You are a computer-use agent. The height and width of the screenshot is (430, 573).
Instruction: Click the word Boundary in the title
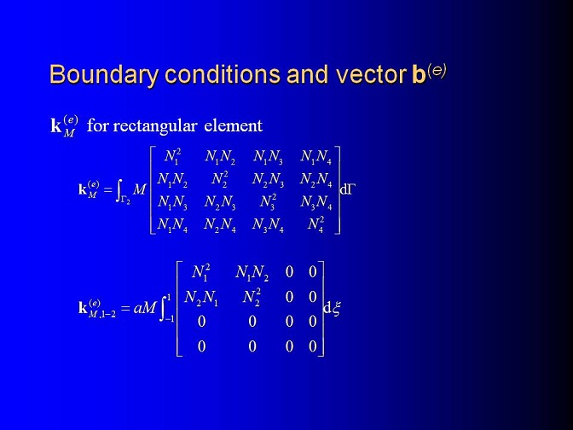point(104,75)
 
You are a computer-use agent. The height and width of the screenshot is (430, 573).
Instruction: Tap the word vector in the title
point(371,74)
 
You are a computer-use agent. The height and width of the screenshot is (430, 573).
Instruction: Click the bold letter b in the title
point(419,74)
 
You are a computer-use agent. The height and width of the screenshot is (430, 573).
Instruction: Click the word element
point(233,125)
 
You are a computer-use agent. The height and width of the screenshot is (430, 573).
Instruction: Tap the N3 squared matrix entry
point(269,202)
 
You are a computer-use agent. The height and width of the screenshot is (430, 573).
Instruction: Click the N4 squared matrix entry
point(315,224)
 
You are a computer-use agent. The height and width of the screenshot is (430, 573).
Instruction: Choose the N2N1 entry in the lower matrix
point(201,298)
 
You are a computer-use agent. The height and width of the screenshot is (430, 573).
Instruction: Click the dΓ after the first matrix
point(347,189)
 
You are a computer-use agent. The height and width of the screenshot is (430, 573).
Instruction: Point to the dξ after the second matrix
point(332,308)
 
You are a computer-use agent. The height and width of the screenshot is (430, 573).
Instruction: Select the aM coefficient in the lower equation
point(145,308)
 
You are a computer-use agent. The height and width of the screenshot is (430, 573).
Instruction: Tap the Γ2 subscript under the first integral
point(125,200)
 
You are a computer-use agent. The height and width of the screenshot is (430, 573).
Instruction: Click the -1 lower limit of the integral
point(169,319)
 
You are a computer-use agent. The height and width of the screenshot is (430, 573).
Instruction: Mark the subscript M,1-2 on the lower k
point(102,314)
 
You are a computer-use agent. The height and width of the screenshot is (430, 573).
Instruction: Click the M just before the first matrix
point(139,189)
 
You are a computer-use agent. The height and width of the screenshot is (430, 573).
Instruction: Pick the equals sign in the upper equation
point(107,190)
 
